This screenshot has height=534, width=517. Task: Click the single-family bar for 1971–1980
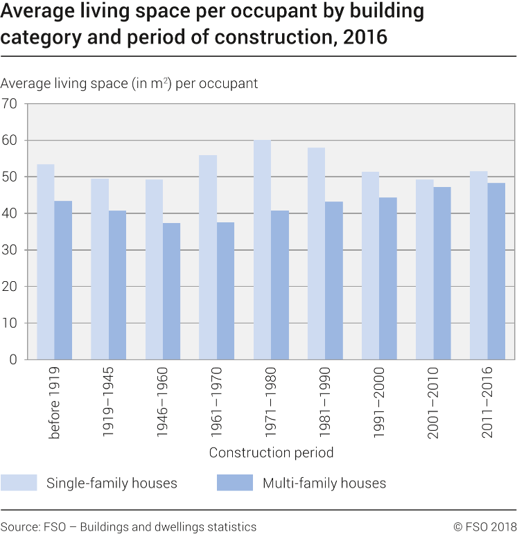(x=262, y=249)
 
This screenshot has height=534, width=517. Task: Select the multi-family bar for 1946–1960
(x=172, y=291)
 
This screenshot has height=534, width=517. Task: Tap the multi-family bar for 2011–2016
(x=496, y=271)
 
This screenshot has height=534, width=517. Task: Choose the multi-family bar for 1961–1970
(x=226, y=291)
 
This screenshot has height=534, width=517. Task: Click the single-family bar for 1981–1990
(x=316, y=253)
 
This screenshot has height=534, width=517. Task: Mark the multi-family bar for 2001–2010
(x=442, y=273)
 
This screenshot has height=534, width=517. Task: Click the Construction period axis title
(x=271, y=453)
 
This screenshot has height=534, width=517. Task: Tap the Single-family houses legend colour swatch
(x=19, y=483)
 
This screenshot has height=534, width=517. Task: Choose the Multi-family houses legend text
(x=324, y=483)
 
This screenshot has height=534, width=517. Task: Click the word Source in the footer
(x=18, y=527)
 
